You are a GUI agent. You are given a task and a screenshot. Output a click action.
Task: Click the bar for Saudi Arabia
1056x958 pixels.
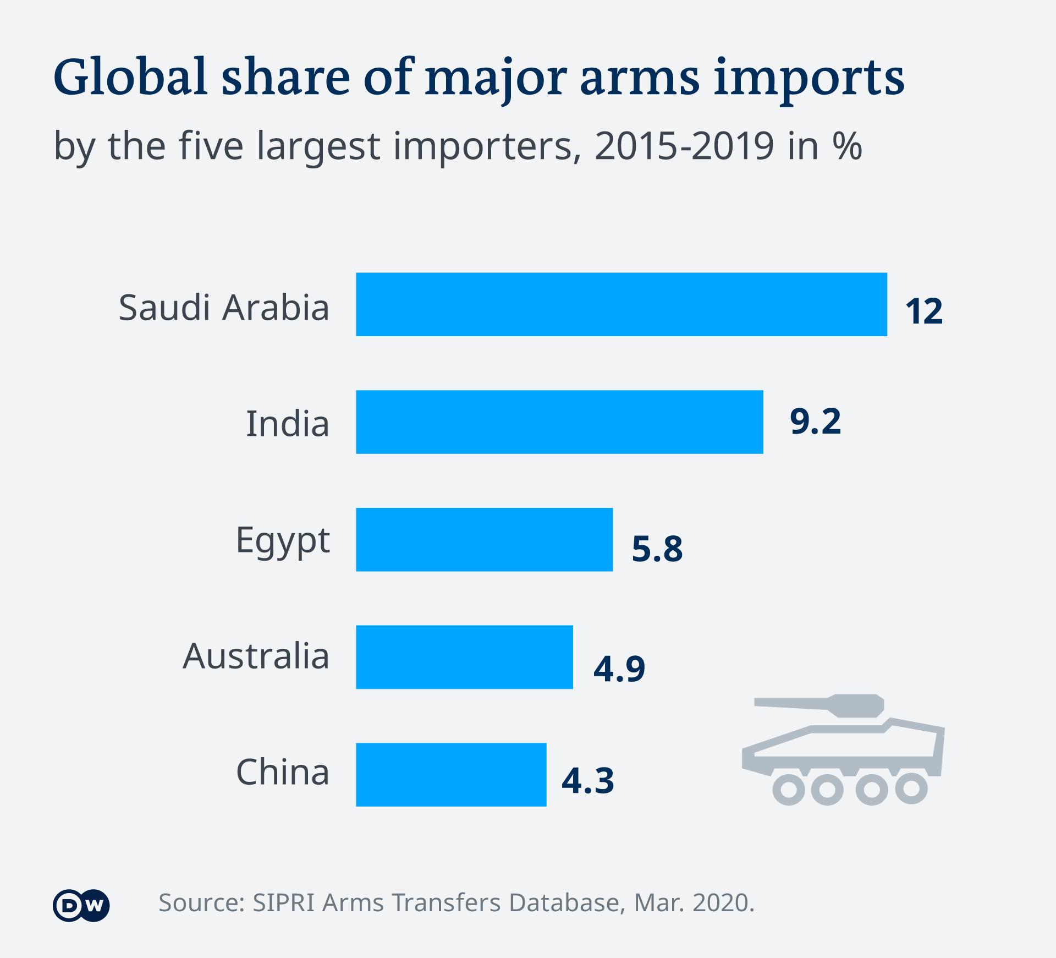click(x=621, y=304)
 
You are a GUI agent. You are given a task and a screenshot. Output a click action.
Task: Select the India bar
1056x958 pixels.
click(x=559, y=422)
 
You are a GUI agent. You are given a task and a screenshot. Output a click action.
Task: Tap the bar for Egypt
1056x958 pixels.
click(x=484, y=539)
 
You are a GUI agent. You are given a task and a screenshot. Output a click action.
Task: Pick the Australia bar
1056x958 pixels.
click(x=464, y=657)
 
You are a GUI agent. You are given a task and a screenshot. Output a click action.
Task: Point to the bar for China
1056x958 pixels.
click(x=451, y=774)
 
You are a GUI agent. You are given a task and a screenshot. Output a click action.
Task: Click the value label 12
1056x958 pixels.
click(x=924, y=311)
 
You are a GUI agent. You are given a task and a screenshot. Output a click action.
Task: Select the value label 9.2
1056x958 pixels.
click(x=815, y=422)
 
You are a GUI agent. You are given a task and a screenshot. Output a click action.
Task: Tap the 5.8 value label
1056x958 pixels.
click(x=657, y=549)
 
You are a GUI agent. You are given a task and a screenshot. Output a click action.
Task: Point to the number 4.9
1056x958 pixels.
click(x=619, y=669)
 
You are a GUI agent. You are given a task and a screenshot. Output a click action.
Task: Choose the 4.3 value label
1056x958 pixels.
click(x=587, y=781)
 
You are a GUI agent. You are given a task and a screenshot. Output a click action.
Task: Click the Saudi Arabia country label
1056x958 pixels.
click(x=224, y=307)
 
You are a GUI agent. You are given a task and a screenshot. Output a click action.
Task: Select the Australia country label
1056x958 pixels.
click(x=256, y=656)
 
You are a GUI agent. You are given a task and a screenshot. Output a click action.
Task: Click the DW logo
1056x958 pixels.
click(x=81, y=905)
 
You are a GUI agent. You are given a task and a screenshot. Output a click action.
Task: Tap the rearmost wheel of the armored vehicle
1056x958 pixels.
click(x=911, y=788)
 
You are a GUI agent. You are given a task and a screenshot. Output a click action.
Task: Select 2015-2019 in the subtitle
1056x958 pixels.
click(x=684, y=146)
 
